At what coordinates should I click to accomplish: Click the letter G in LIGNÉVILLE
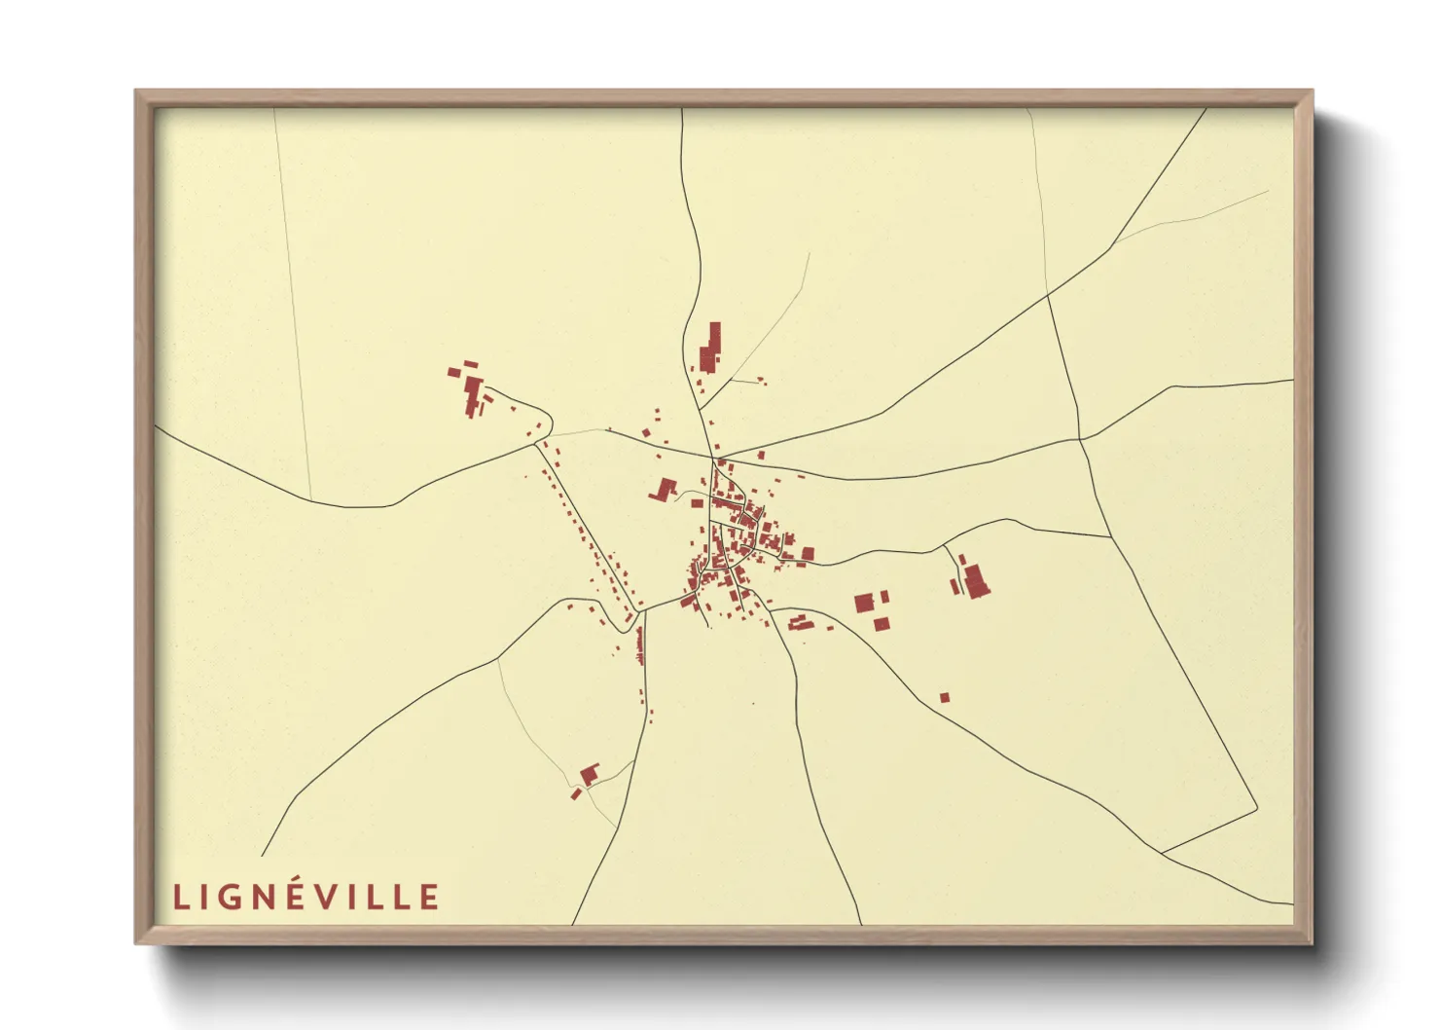234,897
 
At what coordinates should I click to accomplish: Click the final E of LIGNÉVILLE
429,897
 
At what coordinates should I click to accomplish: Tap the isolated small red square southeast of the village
944,697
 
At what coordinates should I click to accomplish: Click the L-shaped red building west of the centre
666,488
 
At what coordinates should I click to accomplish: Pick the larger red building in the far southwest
589,774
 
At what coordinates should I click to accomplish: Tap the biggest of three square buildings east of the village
863,604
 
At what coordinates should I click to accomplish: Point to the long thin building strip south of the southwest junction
639,644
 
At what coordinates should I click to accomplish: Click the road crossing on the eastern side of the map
1079,439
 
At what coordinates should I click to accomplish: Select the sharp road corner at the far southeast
1255,810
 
